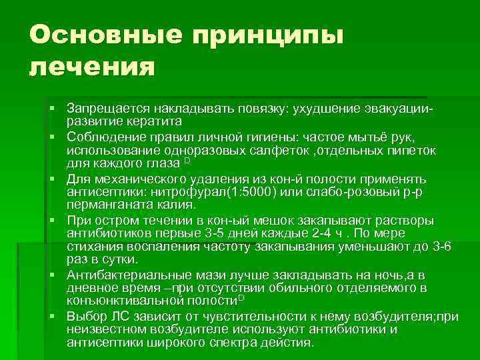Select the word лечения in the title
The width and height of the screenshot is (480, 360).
(91, 68)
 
